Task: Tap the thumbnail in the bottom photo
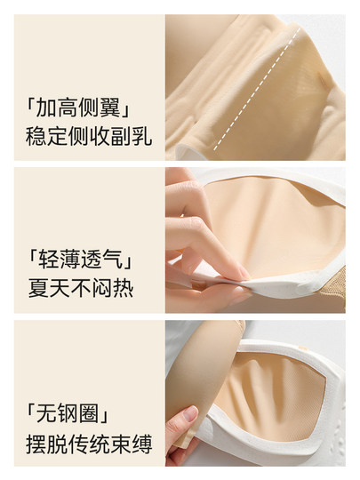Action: tap(189, 415)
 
